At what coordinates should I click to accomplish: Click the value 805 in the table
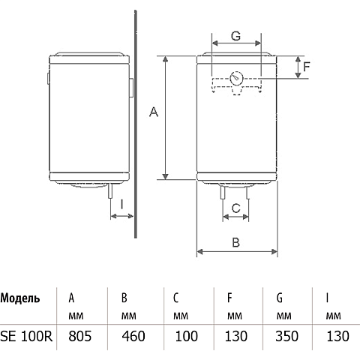80,336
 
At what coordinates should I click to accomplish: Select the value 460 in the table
133,336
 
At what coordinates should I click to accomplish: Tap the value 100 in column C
187,336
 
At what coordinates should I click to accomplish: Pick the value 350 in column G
286,336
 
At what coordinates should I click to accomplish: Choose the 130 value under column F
236,336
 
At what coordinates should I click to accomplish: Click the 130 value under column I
337,336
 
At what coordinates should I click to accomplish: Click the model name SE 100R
26,336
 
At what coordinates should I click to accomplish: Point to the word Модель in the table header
20,298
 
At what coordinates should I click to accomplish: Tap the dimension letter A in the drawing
154,112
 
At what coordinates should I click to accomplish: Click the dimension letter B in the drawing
236,242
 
